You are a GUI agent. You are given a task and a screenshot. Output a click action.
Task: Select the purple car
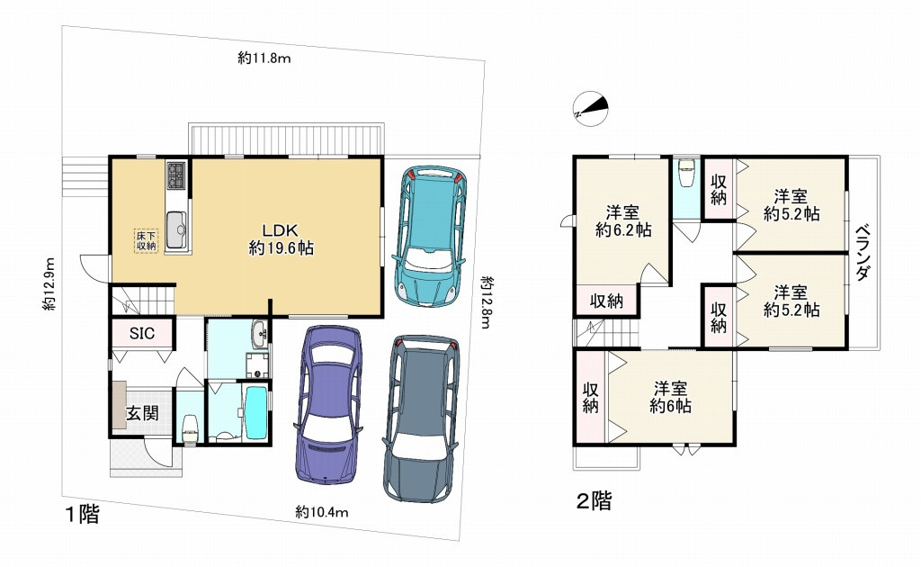(x=330, y=402)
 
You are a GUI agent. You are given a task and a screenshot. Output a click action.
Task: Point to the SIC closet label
(x=141, y=333)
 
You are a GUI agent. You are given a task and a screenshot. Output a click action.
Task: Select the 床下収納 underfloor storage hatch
(x=147, y=240)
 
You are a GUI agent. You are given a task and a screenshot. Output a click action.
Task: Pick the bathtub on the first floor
(x=255, y=411)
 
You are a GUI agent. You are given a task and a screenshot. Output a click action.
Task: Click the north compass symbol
(x=591, y=108)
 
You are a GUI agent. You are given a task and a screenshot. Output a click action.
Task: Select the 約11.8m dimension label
(x=267, y=58)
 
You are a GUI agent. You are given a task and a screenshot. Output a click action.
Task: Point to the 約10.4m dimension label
(x=322, y=511)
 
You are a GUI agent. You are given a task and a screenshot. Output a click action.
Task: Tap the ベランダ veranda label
(x=863, y=253)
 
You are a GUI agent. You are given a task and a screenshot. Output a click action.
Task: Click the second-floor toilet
(x=687, y=173)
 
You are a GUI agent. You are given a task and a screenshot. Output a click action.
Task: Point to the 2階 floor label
(x=594, y=501)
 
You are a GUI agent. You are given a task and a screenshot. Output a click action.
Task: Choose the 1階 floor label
(x=81, y=515)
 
